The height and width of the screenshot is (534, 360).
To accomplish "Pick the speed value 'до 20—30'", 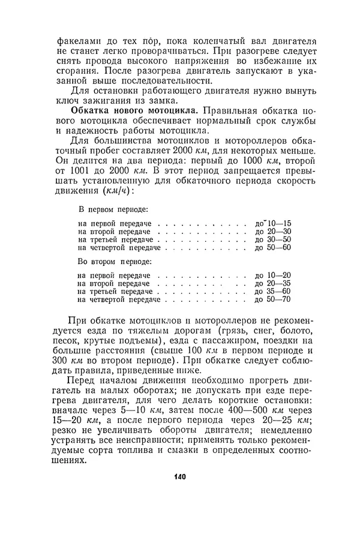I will point(273,231).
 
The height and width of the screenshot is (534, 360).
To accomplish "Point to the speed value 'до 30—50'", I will point(273,239).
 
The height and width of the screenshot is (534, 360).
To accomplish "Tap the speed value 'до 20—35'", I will point(273,283).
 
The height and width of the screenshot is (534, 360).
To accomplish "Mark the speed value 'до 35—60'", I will point(273,291).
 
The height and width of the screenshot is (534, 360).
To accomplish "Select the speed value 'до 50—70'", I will point(273,299).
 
